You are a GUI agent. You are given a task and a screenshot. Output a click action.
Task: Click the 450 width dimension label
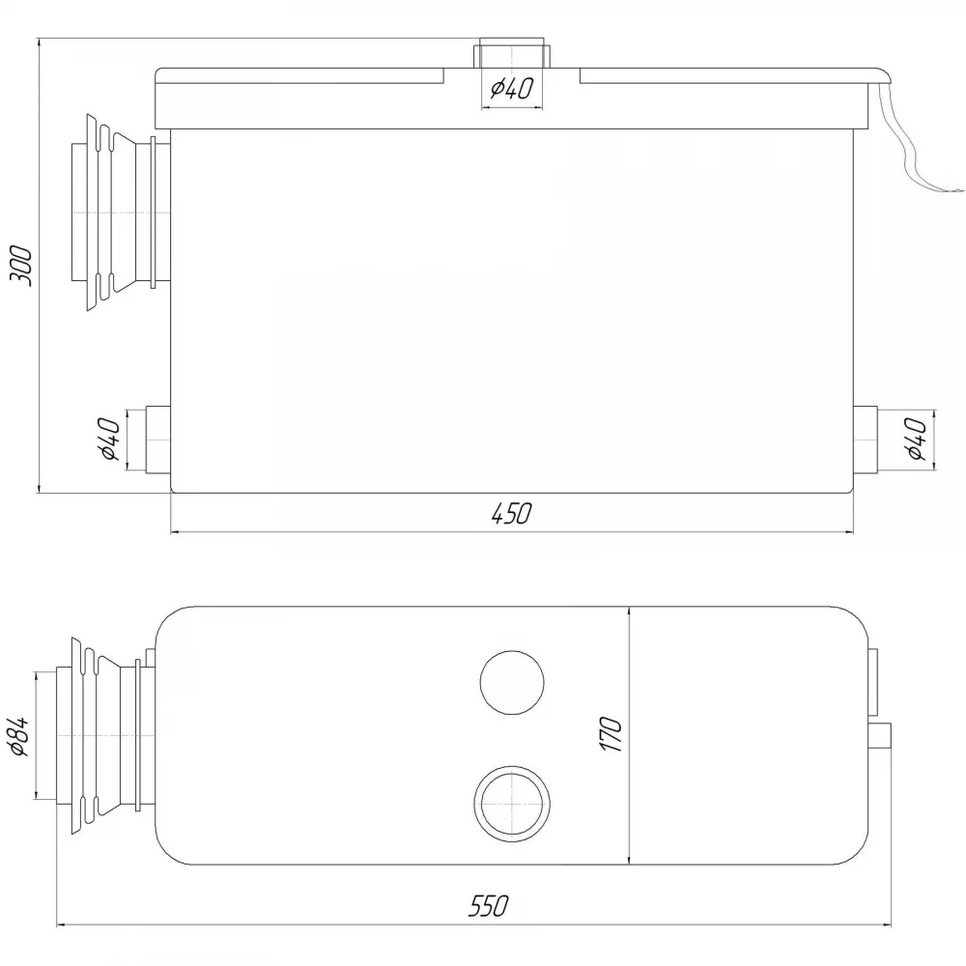511,513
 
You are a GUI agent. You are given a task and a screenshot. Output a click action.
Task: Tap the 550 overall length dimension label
489,906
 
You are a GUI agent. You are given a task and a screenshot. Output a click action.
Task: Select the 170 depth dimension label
611,734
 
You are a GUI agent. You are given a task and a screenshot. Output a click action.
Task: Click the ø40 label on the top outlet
511,88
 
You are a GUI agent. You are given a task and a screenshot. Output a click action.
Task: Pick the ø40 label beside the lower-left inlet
110,439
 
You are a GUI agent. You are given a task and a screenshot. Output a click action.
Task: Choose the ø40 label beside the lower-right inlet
917,439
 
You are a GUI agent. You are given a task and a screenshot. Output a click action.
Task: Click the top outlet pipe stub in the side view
510,53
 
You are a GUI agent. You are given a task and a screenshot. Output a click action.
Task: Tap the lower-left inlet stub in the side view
158,440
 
